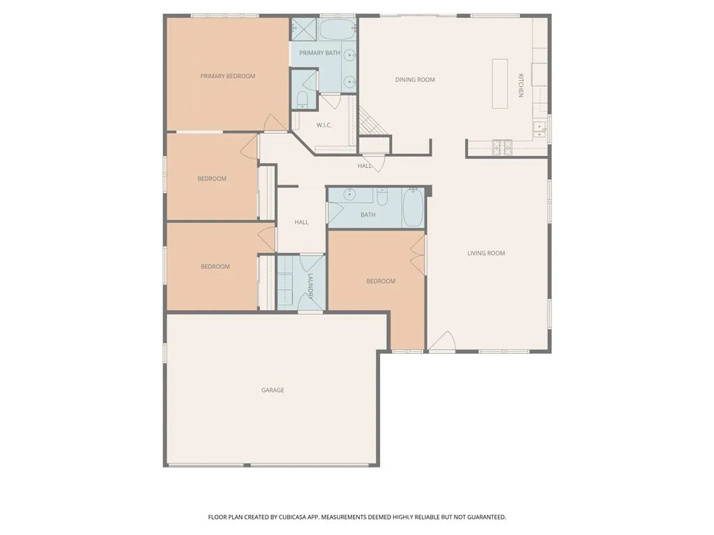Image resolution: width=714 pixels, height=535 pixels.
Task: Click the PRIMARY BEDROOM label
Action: pos(227,76)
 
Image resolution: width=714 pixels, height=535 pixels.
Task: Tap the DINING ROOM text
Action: pos(415,79)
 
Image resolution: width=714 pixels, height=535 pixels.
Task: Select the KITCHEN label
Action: pos(520,85)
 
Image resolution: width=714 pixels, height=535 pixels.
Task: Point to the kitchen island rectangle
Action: pos(500,84)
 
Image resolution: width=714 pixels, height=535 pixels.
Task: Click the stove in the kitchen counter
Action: pos(502,146)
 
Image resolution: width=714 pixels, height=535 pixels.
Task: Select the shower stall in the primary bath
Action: pos(304,29)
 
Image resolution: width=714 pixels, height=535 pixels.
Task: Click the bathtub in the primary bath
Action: pos(337,30)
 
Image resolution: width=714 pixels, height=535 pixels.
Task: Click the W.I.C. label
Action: pos(324,125)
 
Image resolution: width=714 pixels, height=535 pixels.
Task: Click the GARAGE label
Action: pos(273,390)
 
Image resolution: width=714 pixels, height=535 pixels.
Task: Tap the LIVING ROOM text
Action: pos(486,253)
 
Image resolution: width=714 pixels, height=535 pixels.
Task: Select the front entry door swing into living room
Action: pos(441,341)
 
